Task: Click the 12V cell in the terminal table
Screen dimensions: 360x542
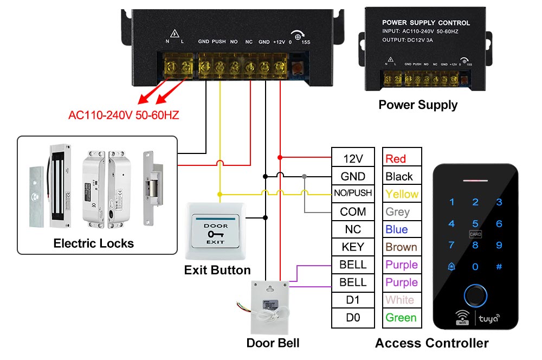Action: [353, 158]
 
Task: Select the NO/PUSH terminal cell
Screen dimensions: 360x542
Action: [353, 193]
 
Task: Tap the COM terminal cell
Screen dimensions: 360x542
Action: [353, 211]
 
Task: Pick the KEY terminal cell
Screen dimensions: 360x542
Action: [353, 247]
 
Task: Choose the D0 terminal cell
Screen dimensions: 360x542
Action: [353, 318]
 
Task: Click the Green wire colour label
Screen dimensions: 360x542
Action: [401, 318]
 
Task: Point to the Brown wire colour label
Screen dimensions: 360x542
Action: [401, 247]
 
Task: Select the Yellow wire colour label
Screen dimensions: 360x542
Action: [402, 194]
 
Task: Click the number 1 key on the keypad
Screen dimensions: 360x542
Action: [452, 202]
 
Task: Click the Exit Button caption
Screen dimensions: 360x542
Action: [217, 270]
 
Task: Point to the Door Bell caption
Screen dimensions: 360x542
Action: [273, 343]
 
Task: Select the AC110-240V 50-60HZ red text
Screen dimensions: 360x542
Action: [124, 115]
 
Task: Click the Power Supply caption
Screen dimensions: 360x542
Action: [418, 105]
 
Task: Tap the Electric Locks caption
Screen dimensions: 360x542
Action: [94, 243]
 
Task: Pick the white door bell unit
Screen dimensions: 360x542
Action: [272, 307]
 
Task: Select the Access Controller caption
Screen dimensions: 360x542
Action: [432, 343]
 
